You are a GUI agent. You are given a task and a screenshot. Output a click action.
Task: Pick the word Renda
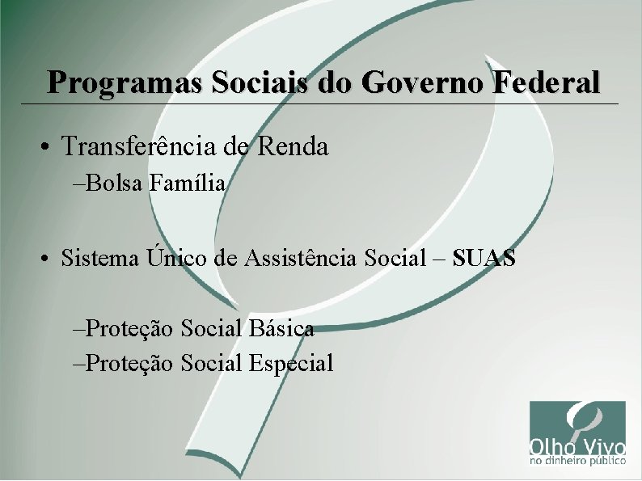[295, 146]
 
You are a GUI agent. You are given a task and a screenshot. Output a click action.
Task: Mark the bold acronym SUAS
[484, 259]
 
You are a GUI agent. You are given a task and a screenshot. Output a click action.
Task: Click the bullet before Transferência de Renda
[49, 147]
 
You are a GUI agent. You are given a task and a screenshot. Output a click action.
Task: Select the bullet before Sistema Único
[49, 259]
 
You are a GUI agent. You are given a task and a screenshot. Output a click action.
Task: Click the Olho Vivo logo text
[577, 446]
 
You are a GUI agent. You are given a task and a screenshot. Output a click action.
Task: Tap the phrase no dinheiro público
[577, 463]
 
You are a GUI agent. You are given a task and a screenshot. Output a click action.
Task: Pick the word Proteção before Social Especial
[129, 363]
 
